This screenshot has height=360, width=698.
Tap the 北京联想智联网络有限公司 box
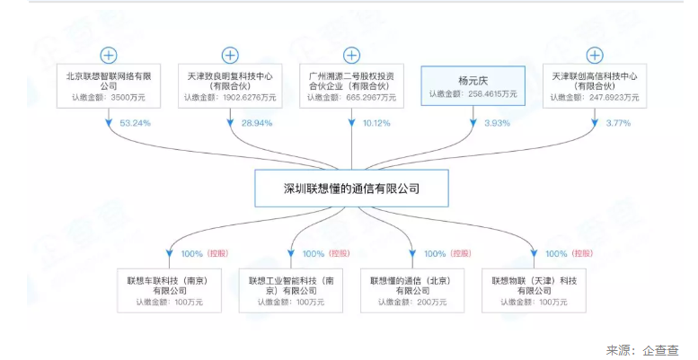(x=110, y=83)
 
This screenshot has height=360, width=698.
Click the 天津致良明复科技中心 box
(x=231, y=83)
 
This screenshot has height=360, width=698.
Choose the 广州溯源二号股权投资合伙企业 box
(x=351, y=83)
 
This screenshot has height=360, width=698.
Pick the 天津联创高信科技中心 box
(x=594, y=83)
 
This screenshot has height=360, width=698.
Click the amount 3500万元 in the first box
(x=124, y=96)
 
